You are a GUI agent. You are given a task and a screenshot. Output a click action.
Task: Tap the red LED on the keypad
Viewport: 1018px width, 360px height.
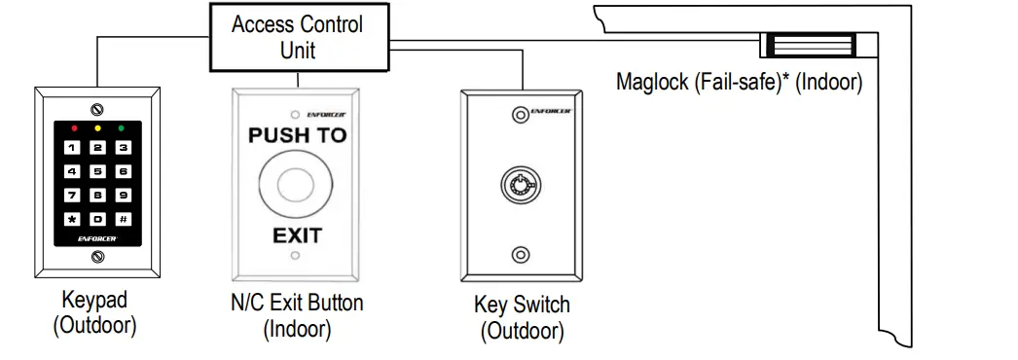pyautogui.click(x=74, y=128)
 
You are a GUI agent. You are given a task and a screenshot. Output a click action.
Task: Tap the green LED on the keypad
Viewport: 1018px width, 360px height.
pyautogui.click(x=121, y=128)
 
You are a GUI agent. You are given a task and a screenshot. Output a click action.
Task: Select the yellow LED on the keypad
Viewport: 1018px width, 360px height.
pyautogui.click(x=97, y=128)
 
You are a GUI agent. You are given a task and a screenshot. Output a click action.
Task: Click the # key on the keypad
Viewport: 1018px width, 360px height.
pyautogui.click(x=123, y=219)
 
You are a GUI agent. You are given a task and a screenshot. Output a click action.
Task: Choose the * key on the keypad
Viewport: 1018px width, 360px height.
pyautogui.click(x=74, y=219)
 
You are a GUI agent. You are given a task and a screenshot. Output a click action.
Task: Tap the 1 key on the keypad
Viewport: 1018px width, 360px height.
pyautogui.click(x=74, y=148)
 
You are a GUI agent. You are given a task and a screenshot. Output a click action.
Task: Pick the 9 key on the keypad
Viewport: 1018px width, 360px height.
pyautogui.click(x=123, y=196)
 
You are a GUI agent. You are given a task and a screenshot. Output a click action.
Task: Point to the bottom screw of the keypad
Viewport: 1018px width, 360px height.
pyautogui.click(x=97, y=257)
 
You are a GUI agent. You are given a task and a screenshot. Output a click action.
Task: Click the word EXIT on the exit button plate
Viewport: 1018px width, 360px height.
pyautogui.click(x=297, y=234)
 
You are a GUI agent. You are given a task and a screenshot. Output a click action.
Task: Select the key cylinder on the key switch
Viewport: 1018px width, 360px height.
pyautogui.click(x=522, y=184)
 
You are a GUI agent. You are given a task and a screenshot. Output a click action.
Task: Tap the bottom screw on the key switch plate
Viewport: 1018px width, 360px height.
pyautogui.click(x=522, y=255)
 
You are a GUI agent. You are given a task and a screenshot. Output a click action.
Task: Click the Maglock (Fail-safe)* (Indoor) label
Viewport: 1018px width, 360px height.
pyautogui.click(x=740, y=82)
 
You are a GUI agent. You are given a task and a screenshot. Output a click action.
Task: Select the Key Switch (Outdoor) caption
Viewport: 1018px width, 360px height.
pyautogui.click(x=522, y=317)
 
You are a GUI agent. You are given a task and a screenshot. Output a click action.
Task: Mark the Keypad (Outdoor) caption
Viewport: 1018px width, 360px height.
pyautogui.click(x=94, y=312)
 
